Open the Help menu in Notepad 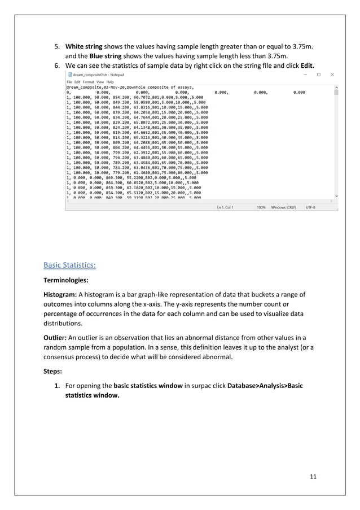point(110,82)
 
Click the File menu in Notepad point(70,82)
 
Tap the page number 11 point(313,477)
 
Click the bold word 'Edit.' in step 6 point(305,64)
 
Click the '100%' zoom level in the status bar point(261,208)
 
